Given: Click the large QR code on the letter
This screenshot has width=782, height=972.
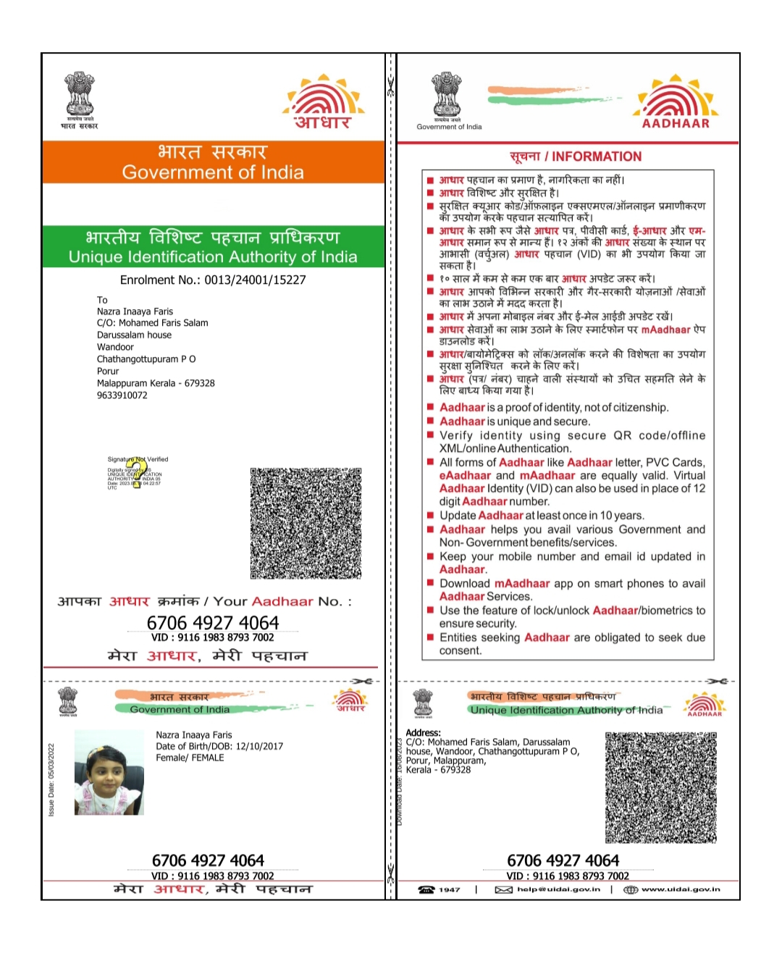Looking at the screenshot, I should tap(306, 523).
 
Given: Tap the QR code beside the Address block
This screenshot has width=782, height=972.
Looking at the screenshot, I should tap(660, 787).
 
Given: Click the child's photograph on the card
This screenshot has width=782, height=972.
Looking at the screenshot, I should tap(109, 772).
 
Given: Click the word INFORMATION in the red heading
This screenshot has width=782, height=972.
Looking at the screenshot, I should tap(597, 156).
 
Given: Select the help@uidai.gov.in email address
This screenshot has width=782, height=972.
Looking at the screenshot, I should tap(558, 889).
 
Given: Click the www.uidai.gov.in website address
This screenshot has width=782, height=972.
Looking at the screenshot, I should tap(681, 889).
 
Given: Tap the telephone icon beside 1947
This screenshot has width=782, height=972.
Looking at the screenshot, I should tap(426, 889).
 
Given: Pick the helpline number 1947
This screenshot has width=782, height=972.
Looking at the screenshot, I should tap(449, 889).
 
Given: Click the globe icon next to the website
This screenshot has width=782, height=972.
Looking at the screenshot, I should tap(631, 889).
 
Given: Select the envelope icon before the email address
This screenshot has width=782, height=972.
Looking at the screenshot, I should tap(503, 889).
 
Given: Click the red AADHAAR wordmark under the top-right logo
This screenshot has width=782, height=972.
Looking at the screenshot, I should tap(676, 123).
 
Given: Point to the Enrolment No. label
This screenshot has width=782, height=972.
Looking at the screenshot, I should tap(160, 280).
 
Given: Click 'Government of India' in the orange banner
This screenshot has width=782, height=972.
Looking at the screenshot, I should tap(213, 172).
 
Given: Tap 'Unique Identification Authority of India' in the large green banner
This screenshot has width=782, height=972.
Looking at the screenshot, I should tap(213, 257).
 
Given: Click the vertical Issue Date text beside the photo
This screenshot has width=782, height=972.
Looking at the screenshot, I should tap(51, 779).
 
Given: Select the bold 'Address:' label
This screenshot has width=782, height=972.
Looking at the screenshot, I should tap(423, 733).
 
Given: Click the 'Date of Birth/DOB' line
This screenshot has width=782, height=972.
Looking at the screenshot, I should tap(219, 746).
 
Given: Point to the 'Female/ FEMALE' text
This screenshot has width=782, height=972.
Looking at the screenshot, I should tap(190, 758).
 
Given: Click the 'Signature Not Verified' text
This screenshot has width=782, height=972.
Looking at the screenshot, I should tap(138, 459).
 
